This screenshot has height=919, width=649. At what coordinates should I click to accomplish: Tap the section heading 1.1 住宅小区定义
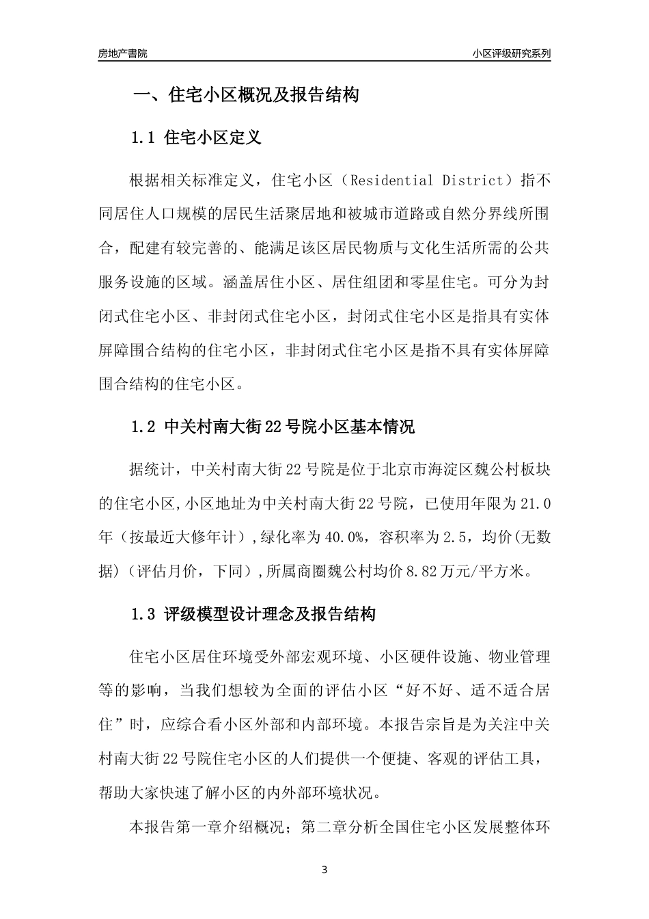click(196, 137)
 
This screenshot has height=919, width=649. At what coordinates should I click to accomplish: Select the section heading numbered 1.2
click(273, 429)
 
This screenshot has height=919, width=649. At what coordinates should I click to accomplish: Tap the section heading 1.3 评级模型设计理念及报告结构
click(253, 615)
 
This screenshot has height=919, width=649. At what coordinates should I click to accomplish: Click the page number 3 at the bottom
click(324, 870)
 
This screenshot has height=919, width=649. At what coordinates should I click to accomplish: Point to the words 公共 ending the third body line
click(534, 248)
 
